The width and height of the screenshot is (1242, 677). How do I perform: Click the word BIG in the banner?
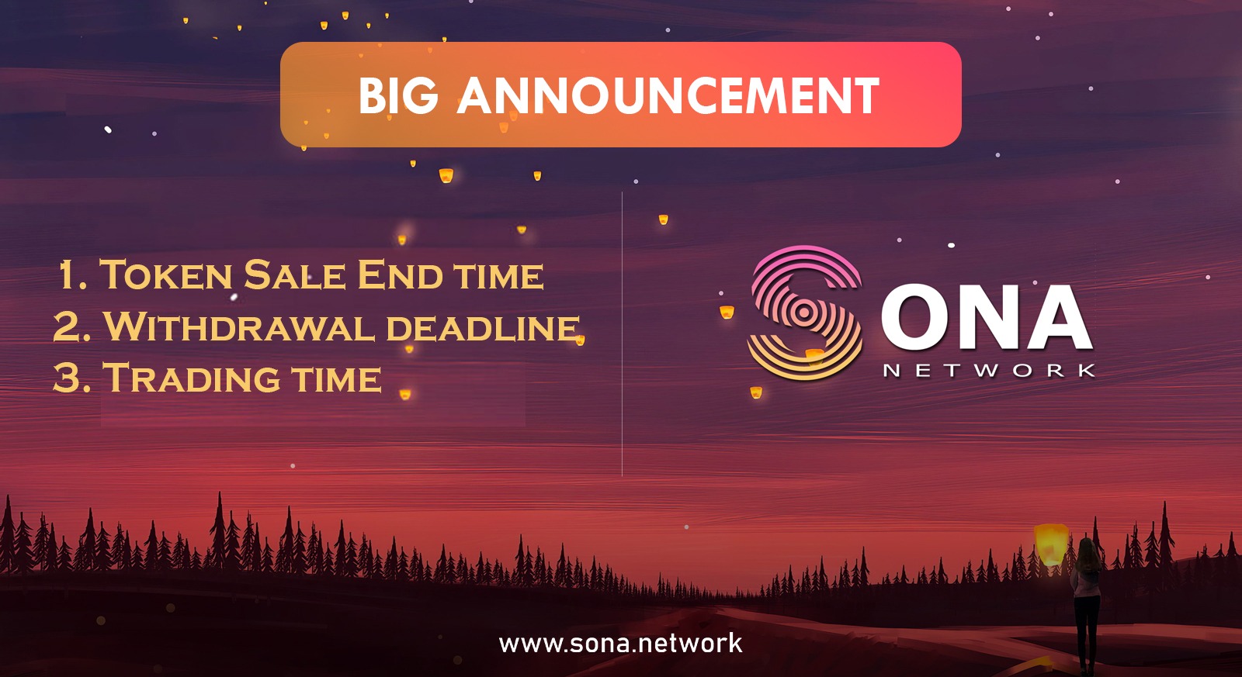pyautogui.click(x=399, y=95)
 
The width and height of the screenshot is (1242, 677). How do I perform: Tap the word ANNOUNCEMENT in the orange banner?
pyautogui.click(x=668, y=95)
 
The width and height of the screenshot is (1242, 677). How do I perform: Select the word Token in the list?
pyautogui.click(x=166, y=275)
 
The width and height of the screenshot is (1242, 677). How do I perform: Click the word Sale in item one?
pyautogui.click(x=294, y=275)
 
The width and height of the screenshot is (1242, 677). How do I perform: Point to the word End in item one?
pyautogui.click(x=400, y=275)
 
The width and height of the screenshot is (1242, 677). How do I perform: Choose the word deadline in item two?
pyautogui.click(x=483, y=326)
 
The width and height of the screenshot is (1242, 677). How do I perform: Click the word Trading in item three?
pyautogui.click(x=191, y=378)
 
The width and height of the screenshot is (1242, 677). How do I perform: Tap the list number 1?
pyautogui.click(x=72, y=275)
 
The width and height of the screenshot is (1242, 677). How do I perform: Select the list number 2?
pyautogui.click(x=71, y=326)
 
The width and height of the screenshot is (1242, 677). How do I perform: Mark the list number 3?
pyautogui.click(x=71, y=378)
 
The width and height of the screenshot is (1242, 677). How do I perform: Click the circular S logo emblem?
pyautogui.click(x=805, y=313)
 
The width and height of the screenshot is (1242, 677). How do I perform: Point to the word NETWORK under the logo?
pyautogui.click(x=989, y=371)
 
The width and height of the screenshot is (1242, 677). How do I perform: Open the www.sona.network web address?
pyautogui.click(x=620, y=644)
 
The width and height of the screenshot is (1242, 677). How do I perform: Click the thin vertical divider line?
pyautogui.click(x=622, y=334)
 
